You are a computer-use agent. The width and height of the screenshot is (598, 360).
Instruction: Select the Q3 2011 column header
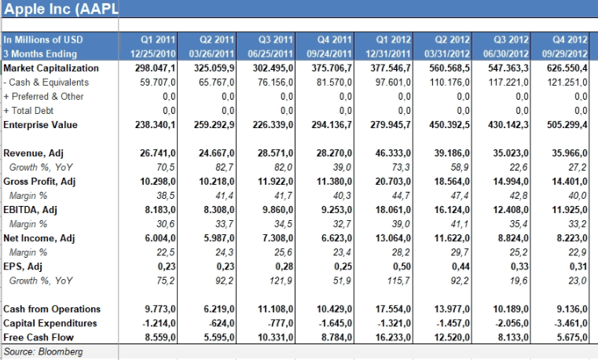pyautogui.click(x=276, y=39)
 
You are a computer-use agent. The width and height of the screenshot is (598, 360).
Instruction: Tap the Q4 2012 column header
pyautogui.click(x=570, y=39)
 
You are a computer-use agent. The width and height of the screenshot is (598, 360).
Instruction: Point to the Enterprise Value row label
pyautogui.click(x=41, y=124)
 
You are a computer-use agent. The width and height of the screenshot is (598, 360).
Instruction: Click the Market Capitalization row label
pyautogui.click(x=52, y=68)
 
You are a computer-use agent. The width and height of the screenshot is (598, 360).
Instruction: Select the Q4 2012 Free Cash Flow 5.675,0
pyautogui.click(x=570, y=336)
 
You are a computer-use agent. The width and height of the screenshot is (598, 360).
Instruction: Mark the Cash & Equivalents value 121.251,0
pyautogui.click(x=568, y=82)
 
